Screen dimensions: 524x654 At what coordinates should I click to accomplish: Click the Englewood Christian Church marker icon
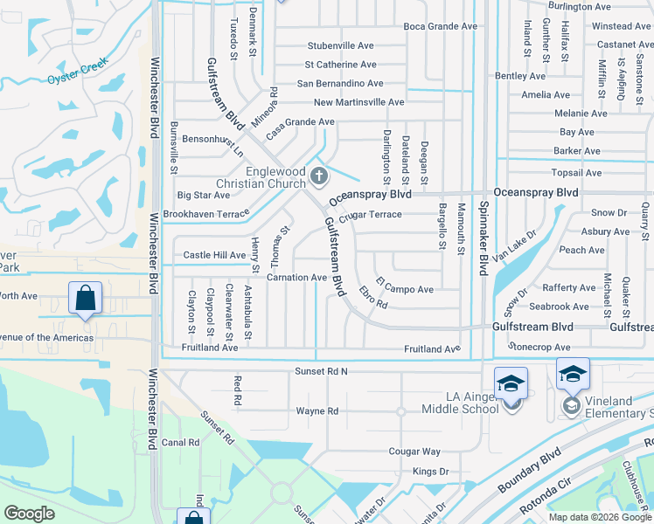[319, 177]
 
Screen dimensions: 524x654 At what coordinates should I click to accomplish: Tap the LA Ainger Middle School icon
[511, 384]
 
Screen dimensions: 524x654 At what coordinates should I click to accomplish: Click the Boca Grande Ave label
[441, 26]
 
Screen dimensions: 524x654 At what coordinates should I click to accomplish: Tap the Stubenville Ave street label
[340, 45]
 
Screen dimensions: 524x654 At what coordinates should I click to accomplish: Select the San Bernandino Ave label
[340, 84]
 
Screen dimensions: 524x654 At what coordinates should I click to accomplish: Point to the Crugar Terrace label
[372, 215]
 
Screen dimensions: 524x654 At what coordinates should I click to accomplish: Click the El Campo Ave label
[405, 285]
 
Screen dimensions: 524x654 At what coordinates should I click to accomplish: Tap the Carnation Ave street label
[296, 278]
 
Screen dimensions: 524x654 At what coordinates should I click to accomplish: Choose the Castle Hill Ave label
[214, 255]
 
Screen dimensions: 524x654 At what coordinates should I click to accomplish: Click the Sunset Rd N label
[320, 371]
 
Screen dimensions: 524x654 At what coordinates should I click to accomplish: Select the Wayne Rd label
[317, 410]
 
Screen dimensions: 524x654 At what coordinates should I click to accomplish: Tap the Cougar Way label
[414, 452]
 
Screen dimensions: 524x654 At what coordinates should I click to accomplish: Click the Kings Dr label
[430, 472]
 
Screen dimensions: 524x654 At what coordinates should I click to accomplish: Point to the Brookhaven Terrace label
[206, 214]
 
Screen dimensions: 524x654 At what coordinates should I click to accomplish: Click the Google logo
[29, 514]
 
